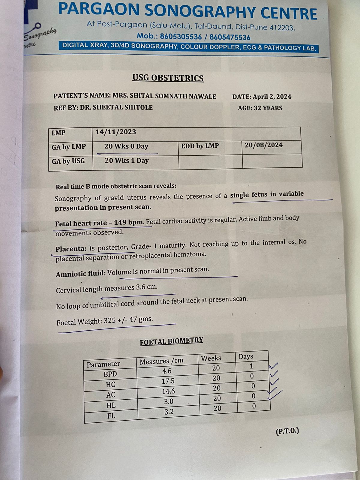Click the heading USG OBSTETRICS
(168, 78)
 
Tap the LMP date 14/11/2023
(116, 132)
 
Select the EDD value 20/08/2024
(264, 145)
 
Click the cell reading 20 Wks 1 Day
(127, 160)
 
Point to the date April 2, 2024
(272, 97)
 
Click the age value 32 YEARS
(268, 108)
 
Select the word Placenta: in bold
(71, 249)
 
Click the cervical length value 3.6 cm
(146, 287)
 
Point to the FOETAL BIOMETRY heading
(171, 341)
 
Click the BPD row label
(110, 374)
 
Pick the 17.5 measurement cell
(168, 381)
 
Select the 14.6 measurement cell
(169, 391)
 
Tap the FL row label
(111, 416)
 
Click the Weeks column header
(211, 358)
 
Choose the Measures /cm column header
(161, 361)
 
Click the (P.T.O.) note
(287, 431)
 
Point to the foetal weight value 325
(110, 321)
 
